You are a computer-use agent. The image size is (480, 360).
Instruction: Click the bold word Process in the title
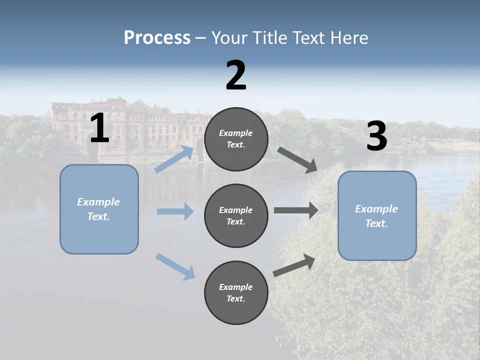pyautogui.click(x=157, y=38)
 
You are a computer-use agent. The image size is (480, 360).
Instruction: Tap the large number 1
pyautogui.click(x=99, y=128)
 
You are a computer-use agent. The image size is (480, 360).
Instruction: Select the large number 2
pyautogui.click(x=236, y=75)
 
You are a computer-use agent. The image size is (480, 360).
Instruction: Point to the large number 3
pyautogui.click(x=376, y=137)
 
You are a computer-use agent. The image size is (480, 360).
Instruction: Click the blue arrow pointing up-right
pyautogui.click(x=174, y=159)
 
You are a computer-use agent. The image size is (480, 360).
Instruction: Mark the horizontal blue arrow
pyautogui.click(x=175, y=211)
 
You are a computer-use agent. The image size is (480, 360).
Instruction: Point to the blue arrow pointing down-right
pyautogui.click(x=175, y=266)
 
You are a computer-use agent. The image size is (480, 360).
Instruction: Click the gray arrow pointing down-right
pyautogui.click(x=297, y=159)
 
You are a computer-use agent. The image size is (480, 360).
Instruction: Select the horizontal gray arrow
pyautogui.click(x=296, y=210)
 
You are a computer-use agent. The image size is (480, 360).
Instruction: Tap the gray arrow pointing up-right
pyautogui.click(x=294, y=265)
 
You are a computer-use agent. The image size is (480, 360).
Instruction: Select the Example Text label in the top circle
pyautogui.click(x=236, y=139)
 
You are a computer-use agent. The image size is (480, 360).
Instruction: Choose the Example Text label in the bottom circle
pyautogui.click(x=236, y=293)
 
